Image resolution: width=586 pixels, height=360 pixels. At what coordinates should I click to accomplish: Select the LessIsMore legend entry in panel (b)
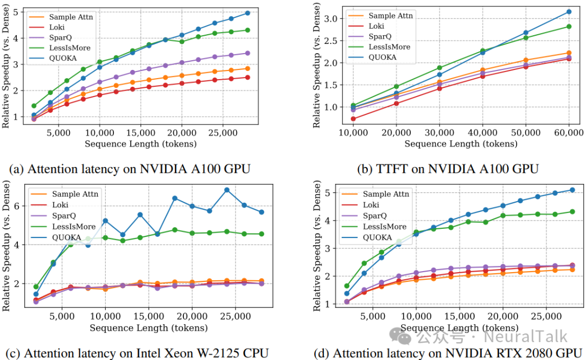(x=389, y=47)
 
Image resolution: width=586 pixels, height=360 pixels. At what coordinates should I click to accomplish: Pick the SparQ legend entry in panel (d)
(x=374, y=215)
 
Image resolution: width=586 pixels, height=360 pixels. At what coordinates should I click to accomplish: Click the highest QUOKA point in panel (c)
(x=227, y=190)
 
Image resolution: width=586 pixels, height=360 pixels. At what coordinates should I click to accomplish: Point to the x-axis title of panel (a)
(x=140, y=144)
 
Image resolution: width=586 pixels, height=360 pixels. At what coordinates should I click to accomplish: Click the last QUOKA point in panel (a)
(x=247, y=12)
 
